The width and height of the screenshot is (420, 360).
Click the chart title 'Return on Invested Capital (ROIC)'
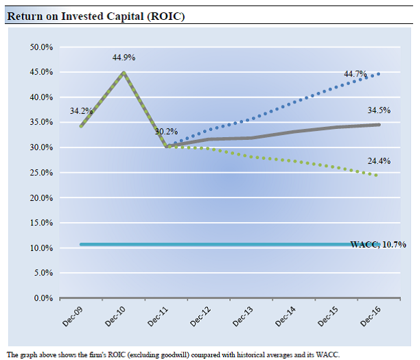click(95, 15)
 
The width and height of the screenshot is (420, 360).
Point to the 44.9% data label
click(124, 58)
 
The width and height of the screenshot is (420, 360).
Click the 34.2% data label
click(81, 110)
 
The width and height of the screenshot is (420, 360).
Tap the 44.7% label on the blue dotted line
click(355, 74)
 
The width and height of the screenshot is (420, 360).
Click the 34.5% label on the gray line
click(379, 110)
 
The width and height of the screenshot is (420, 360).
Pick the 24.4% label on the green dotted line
click(379, 161)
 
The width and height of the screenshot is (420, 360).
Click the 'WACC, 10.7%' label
click(378, 244)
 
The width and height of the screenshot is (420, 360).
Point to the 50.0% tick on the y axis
click(42, 47)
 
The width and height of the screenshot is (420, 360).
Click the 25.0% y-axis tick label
click(42, 173)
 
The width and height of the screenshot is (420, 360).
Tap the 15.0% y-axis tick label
click(42, 223)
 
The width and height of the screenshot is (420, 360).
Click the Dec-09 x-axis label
click(71, 317)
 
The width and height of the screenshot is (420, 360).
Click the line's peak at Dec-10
click(124, 73)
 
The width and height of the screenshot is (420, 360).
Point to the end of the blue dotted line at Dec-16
click(380, 73)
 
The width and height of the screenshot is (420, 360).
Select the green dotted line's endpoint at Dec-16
click(377, 176)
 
